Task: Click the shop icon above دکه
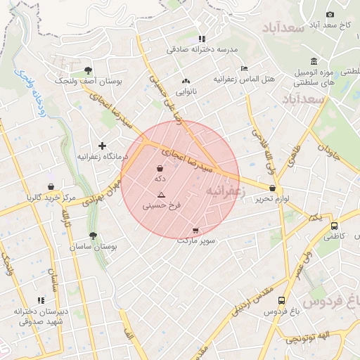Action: click(160, 168)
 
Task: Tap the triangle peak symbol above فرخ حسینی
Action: click(162, 195)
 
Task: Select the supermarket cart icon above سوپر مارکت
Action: click(195, 230)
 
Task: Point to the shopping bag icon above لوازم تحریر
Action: click(272, 188)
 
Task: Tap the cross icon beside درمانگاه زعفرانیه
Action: click(103, 146)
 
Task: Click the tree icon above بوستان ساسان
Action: click(94, 236)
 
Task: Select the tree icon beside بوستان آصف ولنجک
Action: click(88, 70)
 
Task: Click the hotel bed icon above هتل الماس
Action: click(244, 68)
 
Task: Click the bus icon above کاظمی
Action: click(334, 226)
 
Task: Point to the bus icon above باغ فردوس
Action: click(282, 300)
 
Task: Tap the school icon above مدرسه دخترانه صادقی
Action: click(202, 39)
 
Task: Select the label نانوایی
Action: click(186, 91)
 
